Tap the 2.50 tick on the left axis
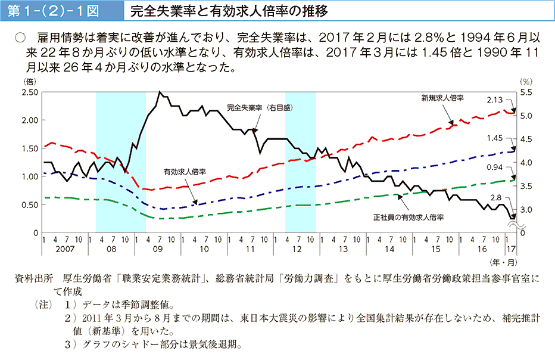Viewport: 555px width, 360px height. [x=30, y=92]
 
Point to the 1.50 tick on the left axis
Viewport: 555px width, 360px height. [x=30, y=148]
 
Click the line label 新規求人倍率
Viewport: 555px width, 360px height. [x=442, y=97]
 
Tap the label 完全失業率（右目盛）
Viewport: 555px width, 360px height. [x=261, y=108]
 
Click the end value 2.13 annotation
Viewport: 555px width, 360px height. [x=495, y=100]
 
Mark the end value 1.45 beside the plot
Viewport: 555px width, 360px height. [x=495, y=138]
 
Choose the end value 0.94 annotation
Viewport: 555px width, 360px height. [x=496, y=167]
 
